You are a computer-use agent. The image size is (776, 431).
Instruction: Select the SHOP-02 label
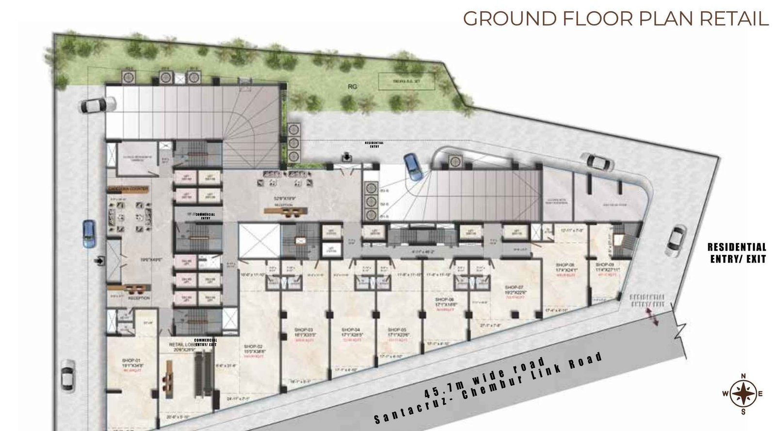[253, 347]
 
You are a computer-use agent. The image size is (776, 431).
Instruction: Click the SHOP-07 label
[514, 287]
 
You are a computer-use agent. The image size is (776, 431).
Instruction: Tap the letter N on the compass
[743, 376]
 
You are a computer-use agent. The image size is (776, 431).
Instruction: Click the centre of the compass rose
[743, 394]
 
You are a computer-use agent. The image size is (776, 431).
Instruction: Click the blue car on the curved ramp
[413, 166]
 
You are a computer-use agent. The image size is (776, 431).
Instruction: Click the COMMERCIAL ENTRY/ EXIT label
[206, 342]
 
